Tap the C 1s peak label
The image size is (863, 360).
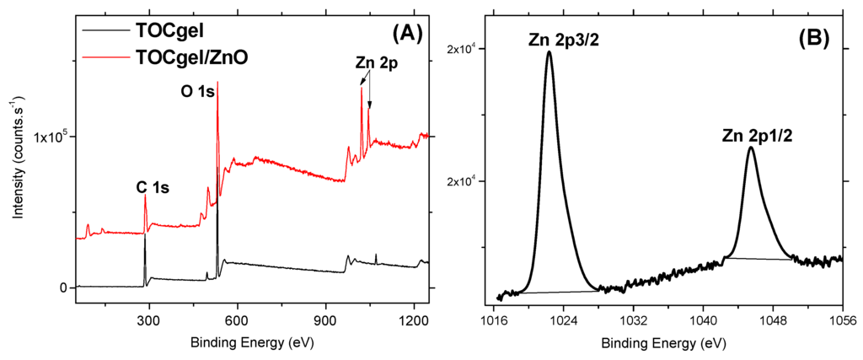(x=153, y=188)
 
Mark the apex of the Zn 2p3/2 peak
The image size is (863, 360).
(x=549, y=51)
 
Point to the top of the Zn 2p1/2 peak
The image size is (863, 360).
(x=751, y=148)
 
